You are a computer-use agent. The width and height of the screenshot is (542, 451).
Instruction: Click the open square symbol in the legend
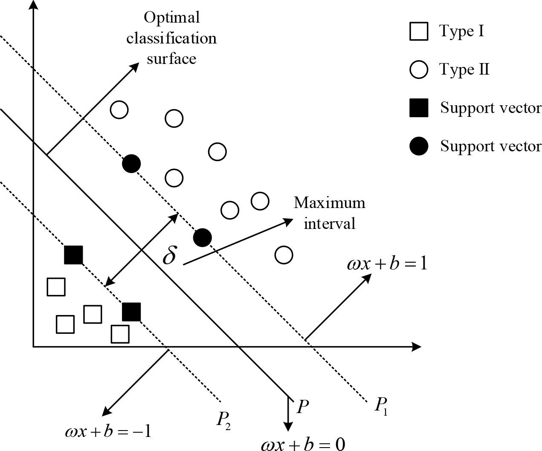[x=418, y=32]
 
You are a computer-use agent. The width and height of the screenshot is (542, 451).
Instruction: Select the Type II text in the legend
[x=464, y=69]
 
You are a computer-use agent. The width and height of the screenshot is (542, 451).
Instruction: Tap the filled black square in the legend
[x=418, y=108]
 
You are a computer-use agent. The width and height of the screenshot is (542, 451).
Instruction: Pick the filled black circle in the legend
[x=418, y=146]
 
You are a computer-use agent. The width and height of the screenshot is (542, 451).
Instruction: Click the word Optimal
[x=171, y=18]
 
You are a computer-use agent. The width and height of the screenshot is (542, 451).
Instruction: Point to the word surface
[x=171, y=58]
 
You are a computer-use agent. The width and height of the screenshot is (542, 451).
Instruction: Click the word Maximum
[x=329, y=202]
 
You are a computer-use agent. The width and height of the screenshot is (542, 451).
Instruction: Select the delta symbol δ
[x=169, y=255]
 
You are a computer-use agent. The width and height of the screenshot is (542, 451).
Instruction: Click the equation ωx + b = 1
[x=387, y=264]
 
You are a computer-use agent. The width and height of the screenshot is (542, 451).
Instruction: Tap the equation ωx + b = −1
[x=108, y=432]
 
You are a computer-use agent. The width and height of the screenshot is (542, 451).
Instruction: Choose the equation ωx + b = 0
[x=303, y=444]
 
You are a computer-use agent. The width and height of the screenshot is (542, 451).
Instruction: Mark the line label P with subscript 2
[x=223, y=420]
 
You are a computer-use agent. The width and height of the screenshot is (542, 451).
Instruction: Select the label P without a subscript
[x=302, y=407]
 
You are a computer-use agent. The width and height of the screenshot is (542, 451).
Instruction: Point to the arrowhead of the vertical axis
[x=33, y=5]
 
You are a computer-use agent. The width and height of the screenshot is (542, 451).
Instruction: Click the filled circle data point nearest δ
[x=202, y=237]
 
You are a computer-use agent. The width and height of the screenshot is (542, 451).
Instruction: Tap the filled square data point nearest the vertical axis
[x=73, y=255]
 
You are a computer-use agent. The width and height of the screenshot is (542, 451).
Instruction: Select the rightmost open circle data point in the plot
[x=284, y=255]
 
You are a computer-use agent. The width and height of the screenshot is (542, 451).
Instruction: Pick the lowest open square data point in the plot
[x=120, y=334]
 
